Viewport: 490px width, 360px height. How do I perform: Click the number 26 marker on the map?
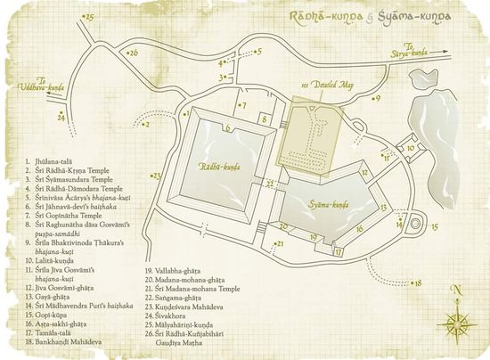coord(133,53)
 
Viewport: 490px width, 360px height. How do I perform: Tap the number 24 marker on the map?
coord(61,117)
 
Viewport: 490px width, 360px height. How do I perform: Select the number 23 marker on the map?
coord(157,176)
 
